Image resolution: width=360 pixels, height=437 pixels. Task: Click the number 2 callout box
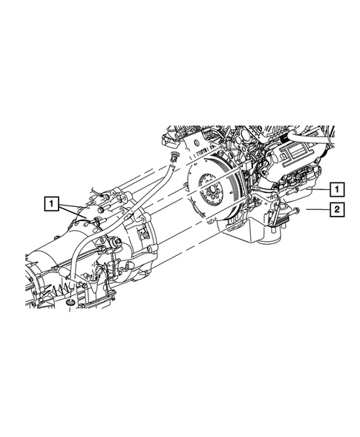coord(337,209)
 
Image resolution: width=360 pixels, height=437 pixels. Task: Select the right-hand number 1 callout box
coord(337,189)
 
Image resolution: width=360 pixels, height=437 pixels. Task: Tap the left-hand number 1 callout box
coord(51,203)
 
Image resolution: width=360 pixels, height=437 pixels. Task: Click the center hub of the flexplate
coord(211,191)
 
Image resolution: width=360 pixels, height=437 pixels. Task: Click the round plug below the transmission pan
coord(70,303)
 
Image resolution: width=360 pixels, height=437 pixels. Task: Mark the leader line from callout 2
coord(318,209)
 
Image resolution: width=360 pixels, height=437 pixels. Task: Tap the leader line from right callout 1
coord(318,189)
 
